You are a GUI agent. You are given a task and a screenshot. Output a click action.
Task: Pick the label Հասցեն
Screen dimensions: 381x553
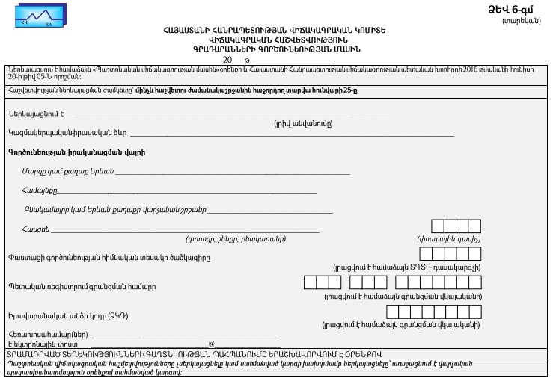36,228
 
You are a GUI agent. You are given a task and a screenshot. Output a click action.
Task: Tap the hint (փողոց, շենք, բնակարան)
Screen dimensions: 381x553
234,238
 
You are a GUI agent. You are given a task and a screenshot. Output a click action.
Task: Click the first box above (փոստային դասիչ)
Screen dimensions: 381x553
438,227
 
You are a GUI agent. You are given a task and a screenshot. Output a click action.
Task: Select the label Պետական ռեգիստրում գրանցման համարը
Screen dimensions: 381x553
72,287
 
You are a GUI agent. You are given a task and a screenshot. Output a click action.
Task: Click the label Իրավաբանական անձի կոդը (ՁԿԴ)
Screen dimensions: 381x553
63,316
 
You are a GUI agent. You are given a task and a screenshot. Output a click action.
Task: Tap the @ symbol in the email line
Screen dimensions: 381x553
211,344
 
